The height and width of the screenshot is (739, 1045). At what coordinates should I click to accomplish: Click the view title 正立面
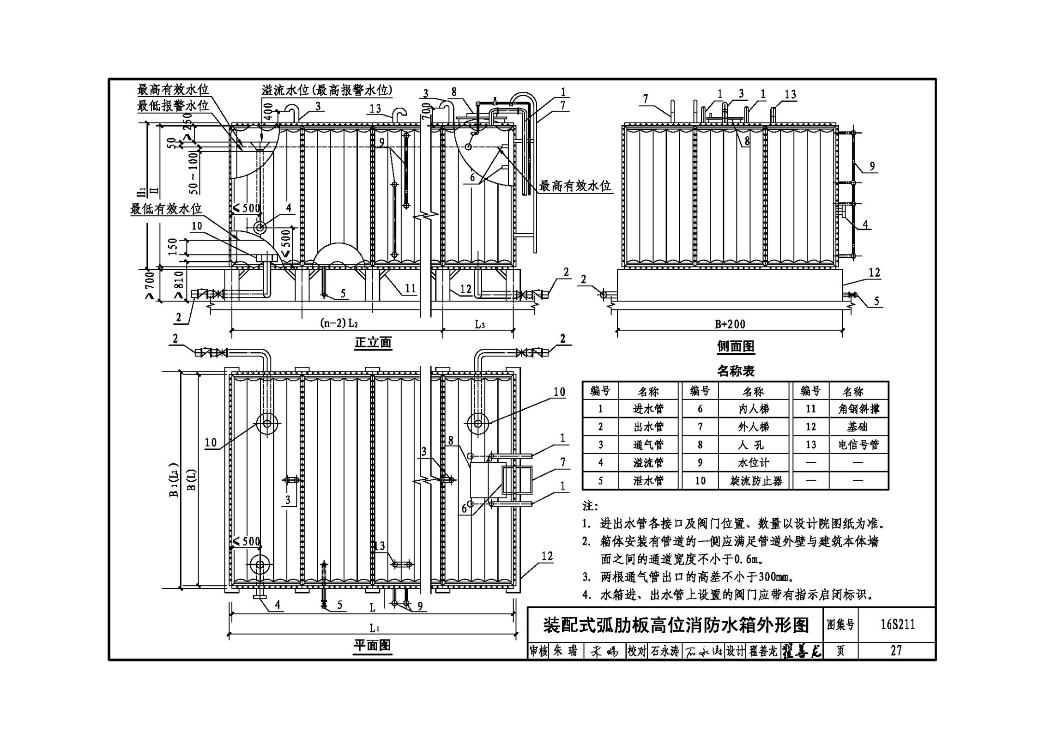tap(373, 343)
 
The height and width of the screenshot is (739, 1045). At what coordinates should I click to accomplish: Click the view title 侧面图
tap(735, 346)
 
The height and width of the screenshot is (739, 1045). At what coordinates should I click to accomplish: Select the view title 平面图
tap(372, 645)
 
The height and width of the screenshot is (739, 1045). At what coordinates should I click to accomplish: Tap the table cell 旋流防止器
tap(756, 481)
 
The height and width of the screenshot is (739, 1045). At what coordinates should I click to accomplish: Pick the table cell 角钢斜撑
tap(858, 409)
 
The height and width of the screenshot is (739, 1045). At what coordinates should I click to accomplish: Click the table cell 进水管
tap(648, 409)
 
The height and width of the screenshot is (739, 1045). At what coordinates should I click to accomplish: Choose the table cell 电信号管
tap(858, 445)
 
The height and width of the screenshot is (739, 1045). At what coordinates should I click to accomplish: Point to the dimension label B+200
tap(730, 324)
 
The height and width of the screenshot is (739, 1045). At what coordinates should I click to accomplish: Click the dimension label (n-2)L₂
tap(339, 323)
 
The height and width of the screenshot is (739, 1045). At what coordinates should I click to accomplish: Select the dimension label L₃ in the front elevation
tap(480, 324)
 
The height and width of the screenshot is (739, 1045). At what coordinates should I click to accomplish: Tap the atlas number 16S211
tap(897, 624)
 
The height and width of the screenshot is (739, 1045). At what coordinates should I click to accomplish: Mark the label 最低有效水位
tap(166, 209)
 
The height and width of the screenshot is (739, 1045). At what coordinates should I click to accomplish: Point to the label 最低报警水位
tap(173, 106)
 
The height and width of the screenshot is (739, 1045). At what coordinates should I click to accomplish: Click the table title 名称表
tap(736, 371)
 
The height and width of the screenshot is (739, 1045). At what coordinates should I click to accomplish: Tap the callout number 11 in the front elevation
tap(410, 289)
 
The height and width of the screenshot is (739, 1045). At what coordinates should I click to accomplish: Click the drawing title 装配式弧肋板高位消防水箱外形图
tap(676, 625)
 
